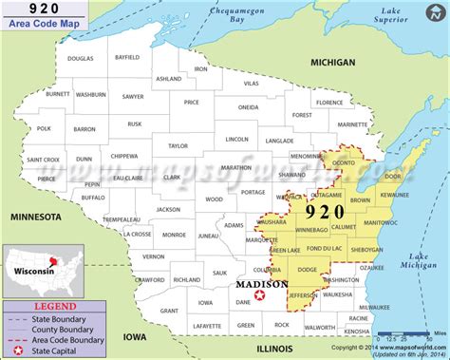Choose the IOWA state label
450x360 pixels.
coord(136,335)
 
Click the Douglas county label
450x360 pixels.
coord(82,59)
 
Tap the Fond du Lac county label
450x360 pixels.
coord(325,248)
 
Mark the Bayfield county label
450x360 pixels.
coord(126,58)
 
